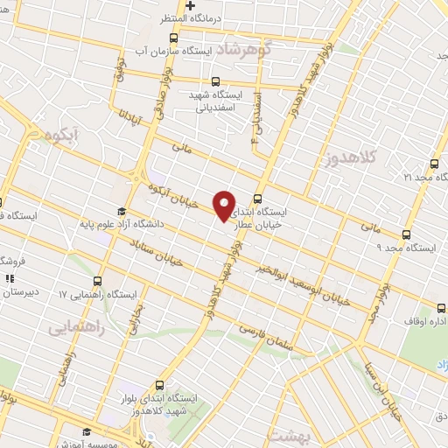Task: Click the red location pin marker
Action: [225, 206]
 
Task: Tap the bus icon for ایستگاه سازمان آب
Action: [173, 38]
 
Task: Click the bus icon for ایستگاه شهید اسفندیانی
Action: [215, 81]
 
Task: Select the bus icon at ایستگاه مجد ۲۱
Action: [435, 163]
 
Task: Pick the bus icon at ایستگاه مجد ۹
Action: [406, 234]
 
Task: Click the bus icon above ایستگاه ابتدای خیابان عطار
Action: [257, 199]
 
